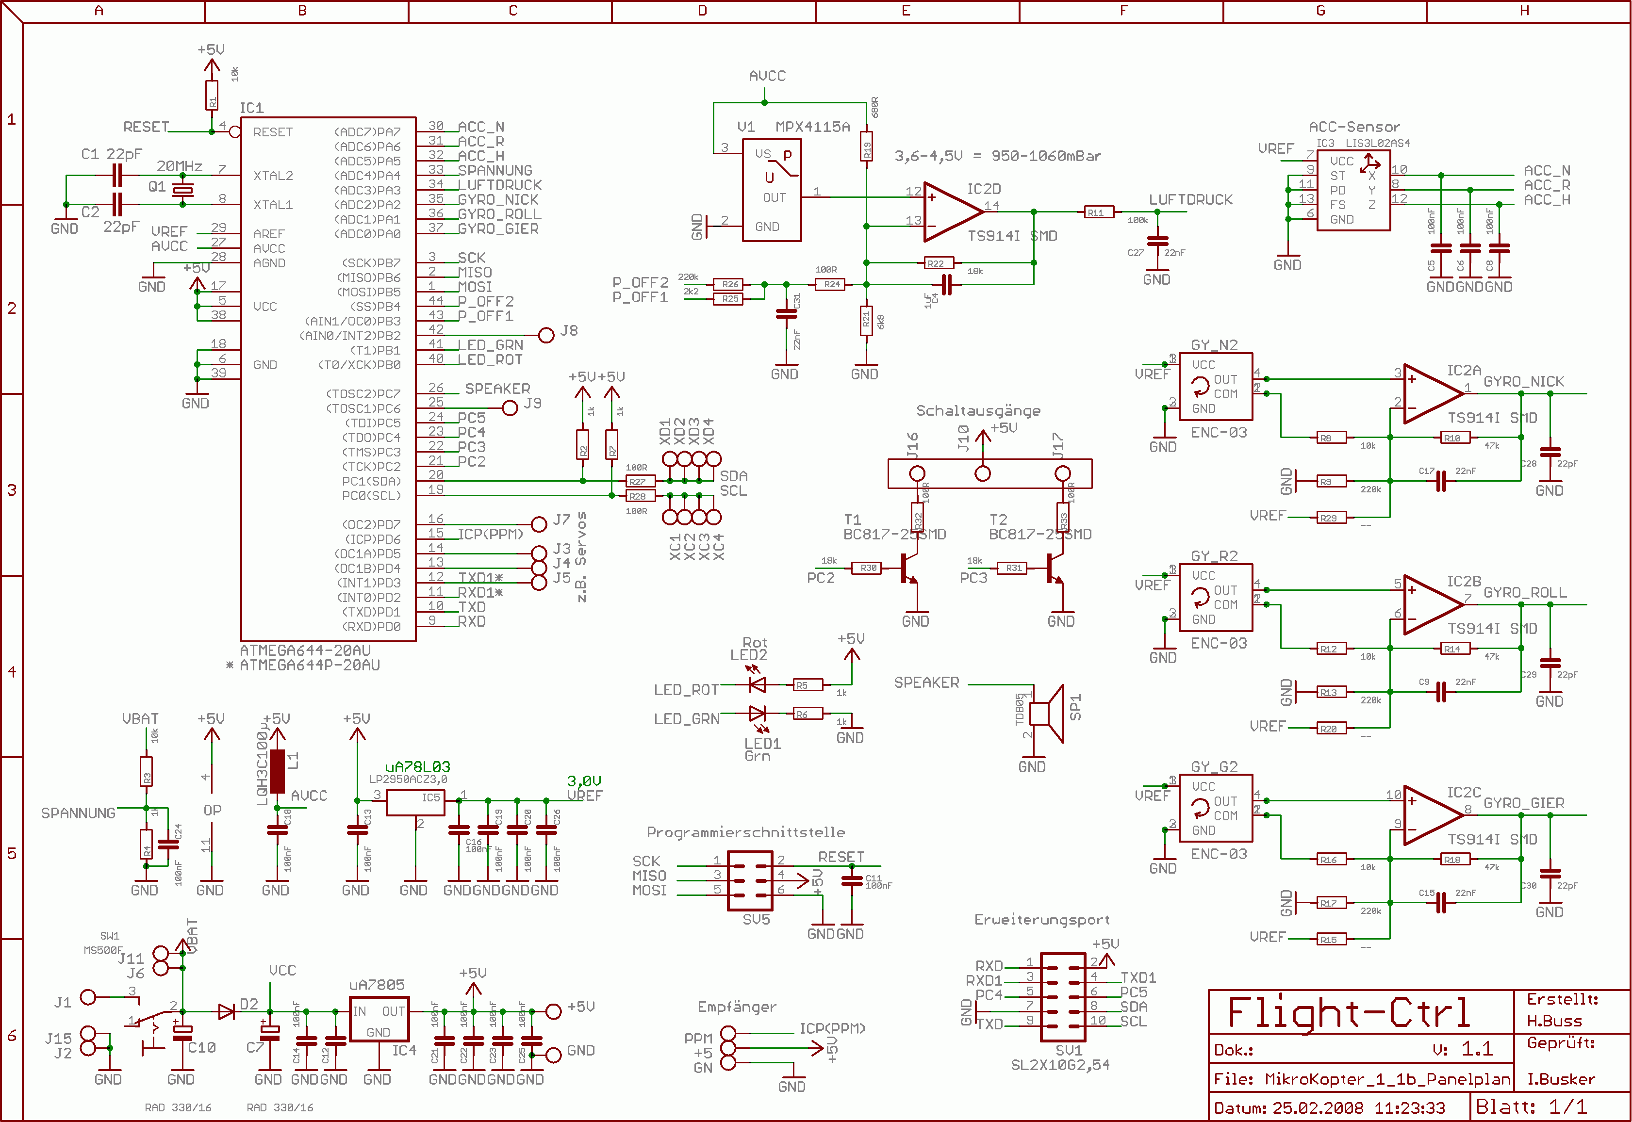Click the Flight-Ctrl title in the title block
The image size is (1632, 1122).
pos(1348,1012)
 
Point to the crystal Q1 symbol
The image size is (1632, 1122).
pos(183,189)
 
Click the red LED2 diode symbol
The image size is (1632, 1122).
pos(758,684)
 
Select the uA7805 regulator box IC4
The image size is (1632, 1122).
pos(379,1019)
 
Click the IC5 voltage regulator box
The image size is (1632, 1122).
pos(415,803)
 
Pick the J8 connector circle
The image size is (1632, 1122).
pos(546,335)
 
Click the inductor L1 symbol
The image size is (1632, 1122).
pos(277,770)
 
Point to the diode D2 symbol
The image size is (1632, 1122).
pos(227,1011)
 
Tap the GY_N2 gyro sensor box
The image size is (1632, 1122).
pos(1215,387)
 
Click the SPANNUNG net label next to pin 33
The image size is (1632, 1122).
pos(495,170)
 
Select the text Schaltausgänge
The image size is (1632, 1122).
pos(977,410)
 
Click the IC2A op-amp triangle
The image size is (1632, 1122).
pos(1431,394)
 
